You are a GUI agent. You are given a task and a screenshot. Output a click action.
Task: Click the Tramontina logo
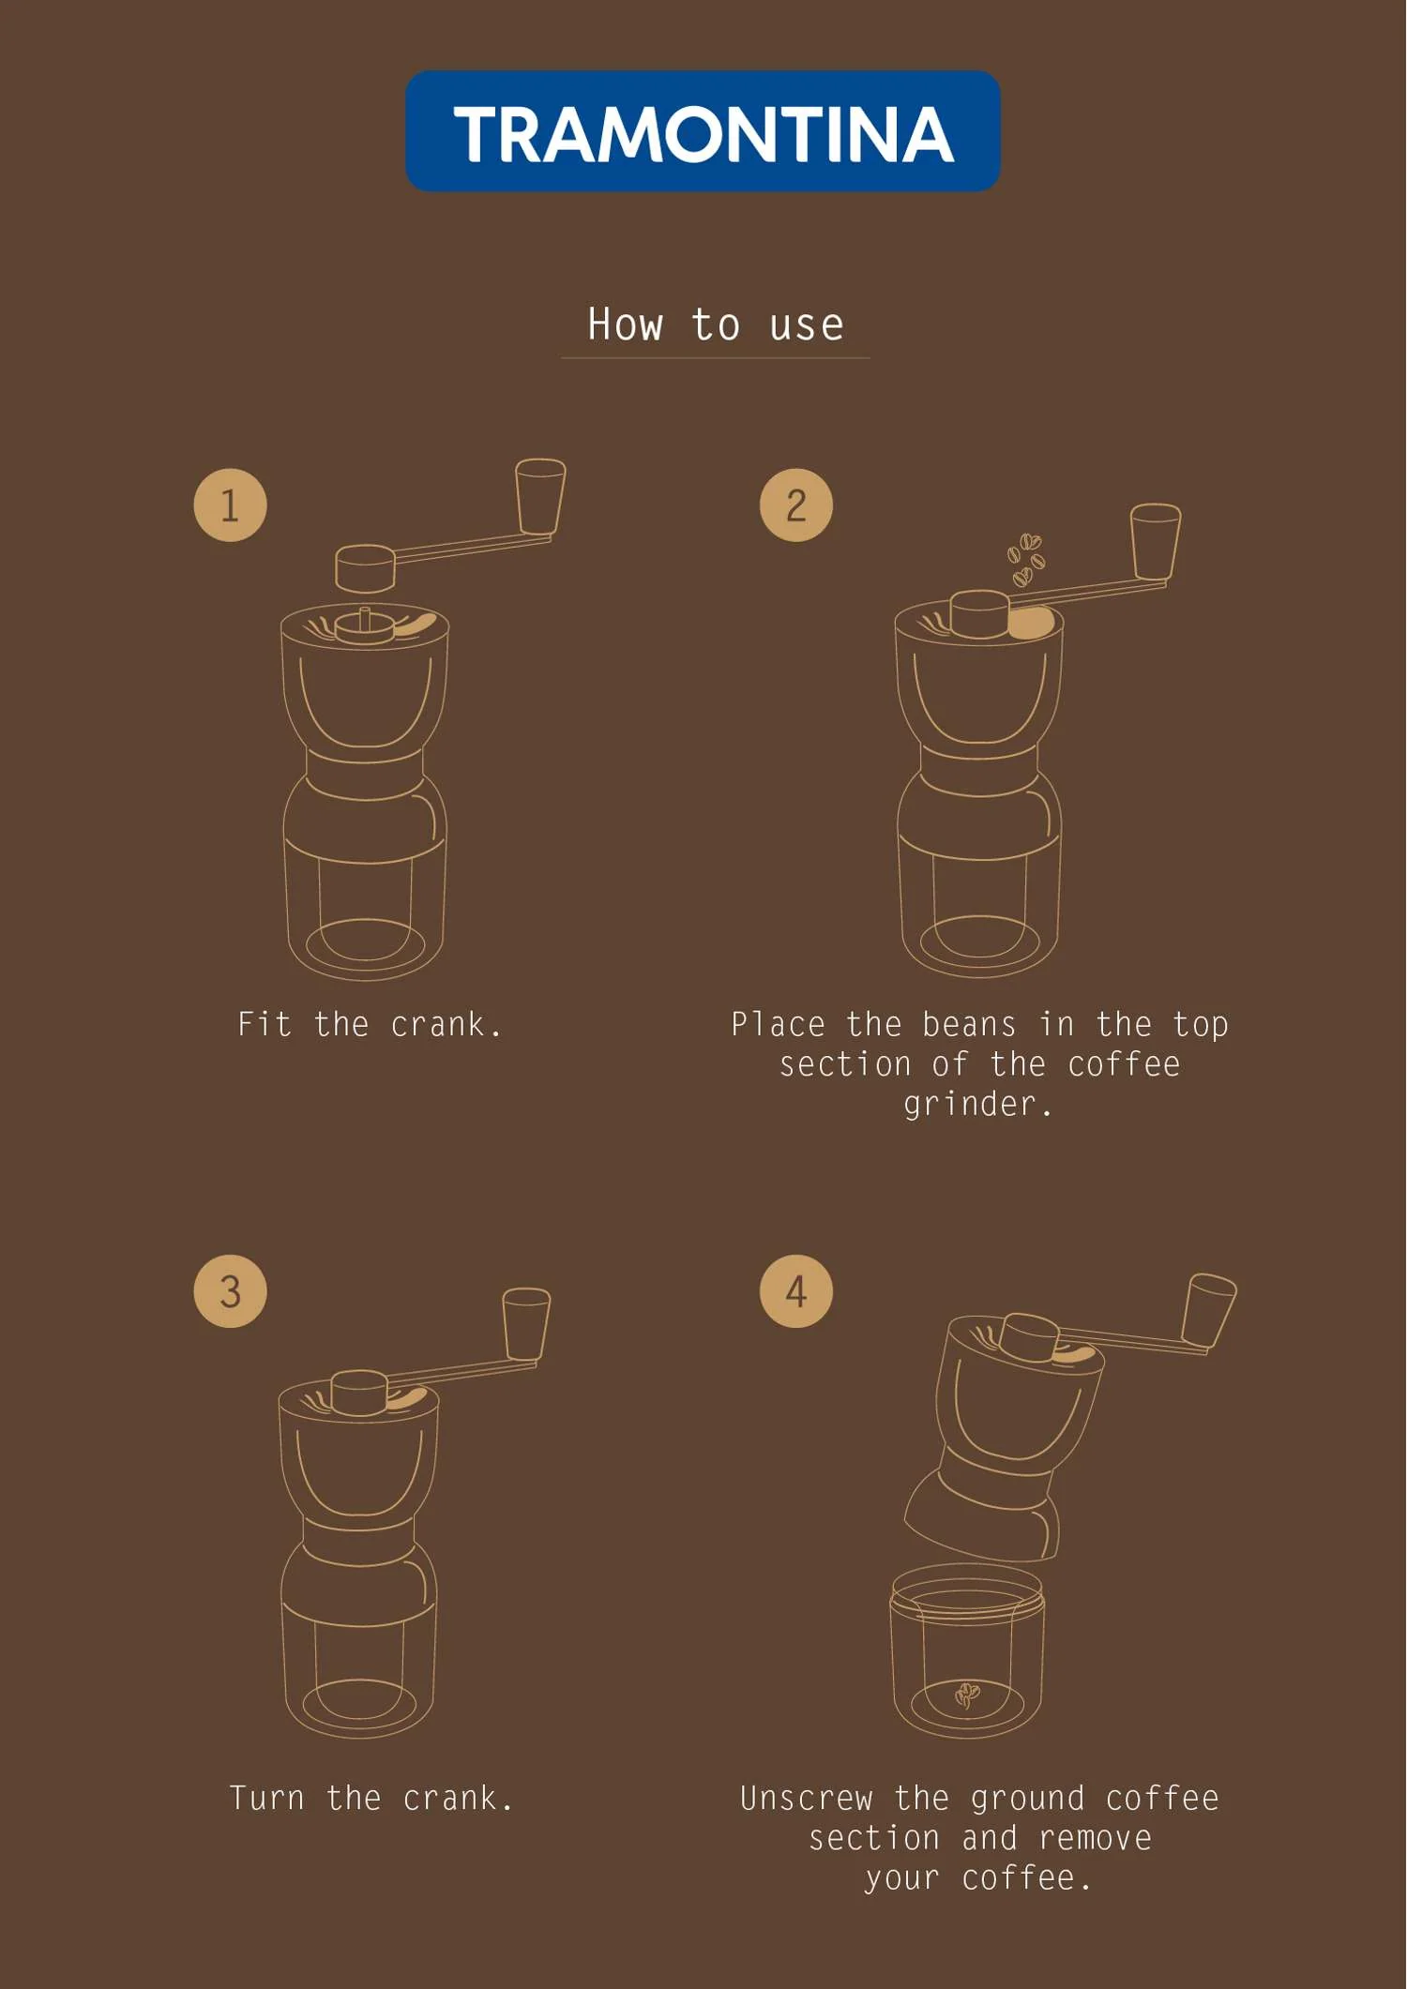703,131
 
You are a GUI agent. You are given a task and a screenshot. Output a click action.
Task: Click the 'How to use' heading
716,324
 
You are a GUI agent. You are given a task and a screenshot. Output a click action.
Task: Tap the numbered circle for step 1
230,505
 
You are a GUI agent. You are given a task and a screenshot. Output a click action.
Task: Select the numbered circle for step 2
795,505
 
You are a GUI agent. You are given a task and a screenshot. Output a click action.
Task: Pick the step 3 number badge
230,1291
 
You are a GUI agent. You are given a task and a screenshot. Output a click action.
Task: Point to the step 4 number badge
795,1291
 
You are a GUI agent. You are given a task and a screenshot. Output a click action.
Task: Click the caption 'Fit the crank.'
370,1024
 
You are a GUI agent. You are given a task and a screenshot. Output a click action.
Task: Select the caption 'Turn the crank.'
371,1798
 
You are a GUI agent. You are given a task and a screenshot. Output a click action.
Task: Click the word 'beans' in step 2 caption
969,1024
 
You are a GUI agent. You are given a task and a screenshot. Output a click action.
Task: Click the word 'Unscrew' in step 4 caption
807,1798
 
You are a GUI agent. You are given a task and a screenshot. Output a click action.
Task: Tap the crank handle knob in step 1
540,497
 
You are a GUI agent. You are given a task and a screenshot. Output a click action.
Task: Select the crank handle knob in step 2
1156,542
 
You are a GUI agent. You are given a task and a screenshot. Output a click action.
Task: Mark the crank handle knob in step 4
1209,1311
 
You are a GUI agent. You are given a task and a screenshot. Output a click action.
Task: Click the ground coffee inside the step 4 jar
967,1695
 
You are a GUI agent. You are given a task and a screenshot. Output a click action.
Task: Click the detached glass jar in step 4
967,1651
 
